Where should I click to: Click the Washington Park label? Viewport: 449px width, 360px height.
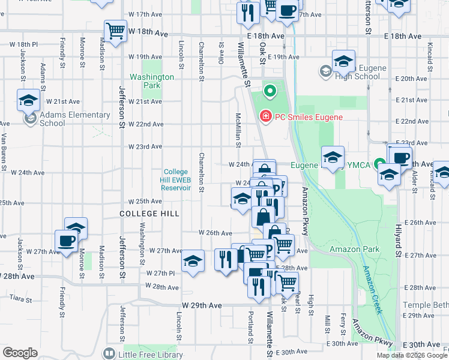point(152,81)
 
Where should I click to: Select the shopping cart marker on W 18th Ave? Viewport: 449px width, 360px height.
point(115,31)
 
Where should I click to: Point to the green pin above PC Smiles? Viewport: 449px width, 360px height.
point(270,92)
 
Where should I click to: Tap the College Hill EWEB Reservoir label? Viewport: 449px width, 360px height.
point(176,179)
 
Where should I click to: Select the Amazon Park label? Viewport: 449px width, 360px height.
point(354,248)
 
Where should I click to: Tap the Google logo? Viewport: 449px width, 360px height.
point(20,353)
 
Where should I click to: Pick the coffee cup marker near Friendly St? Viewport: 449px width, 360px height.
point(66,241)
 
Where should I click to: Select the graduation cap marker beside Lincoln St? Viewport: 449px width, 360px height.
point(193,261)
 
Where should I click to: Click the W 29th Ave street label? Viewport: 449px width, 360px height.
point(203,305)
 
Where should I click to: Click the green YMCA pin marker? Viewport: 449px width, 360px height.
point(379,163)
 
